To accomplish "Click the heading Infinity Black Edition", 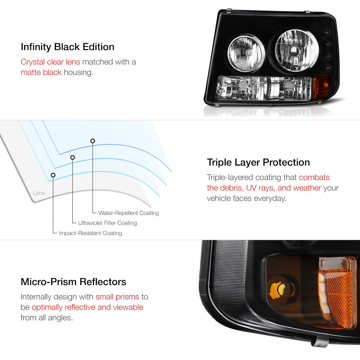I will click(x=68, y=47).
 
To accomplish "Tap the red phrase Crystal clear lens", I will click(x=50, y=62).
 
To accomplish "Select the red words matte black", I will click(x=41, y=72).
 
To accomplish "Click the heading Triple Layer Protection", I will click(x=258, y=162).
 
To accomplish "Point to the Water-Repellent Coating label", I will click(x=129, y=213).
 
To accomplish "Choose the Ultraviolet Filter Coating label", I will click(x=107, y=223).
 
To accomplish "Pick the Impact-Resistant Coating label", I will click(x=90, y=233).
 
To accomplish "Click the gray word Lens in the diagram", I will click(x=39, y=193).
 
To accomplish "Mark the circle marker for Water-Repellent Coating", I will click(x=93, y=141).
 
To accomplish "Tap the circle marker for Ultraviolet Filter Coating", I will click(x=72, y=157).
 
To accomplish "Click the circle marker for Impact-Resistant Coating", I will click(x=53, y=175).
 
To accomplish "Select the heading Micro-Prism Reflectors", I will click(x=73, y=282).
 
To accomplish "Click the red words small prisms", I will click(x=117, y=297).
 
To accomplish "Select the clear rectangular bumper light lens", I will click(x=263, y=88).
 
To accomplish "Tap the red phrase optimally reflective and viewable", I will click(x=87, y=307).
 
